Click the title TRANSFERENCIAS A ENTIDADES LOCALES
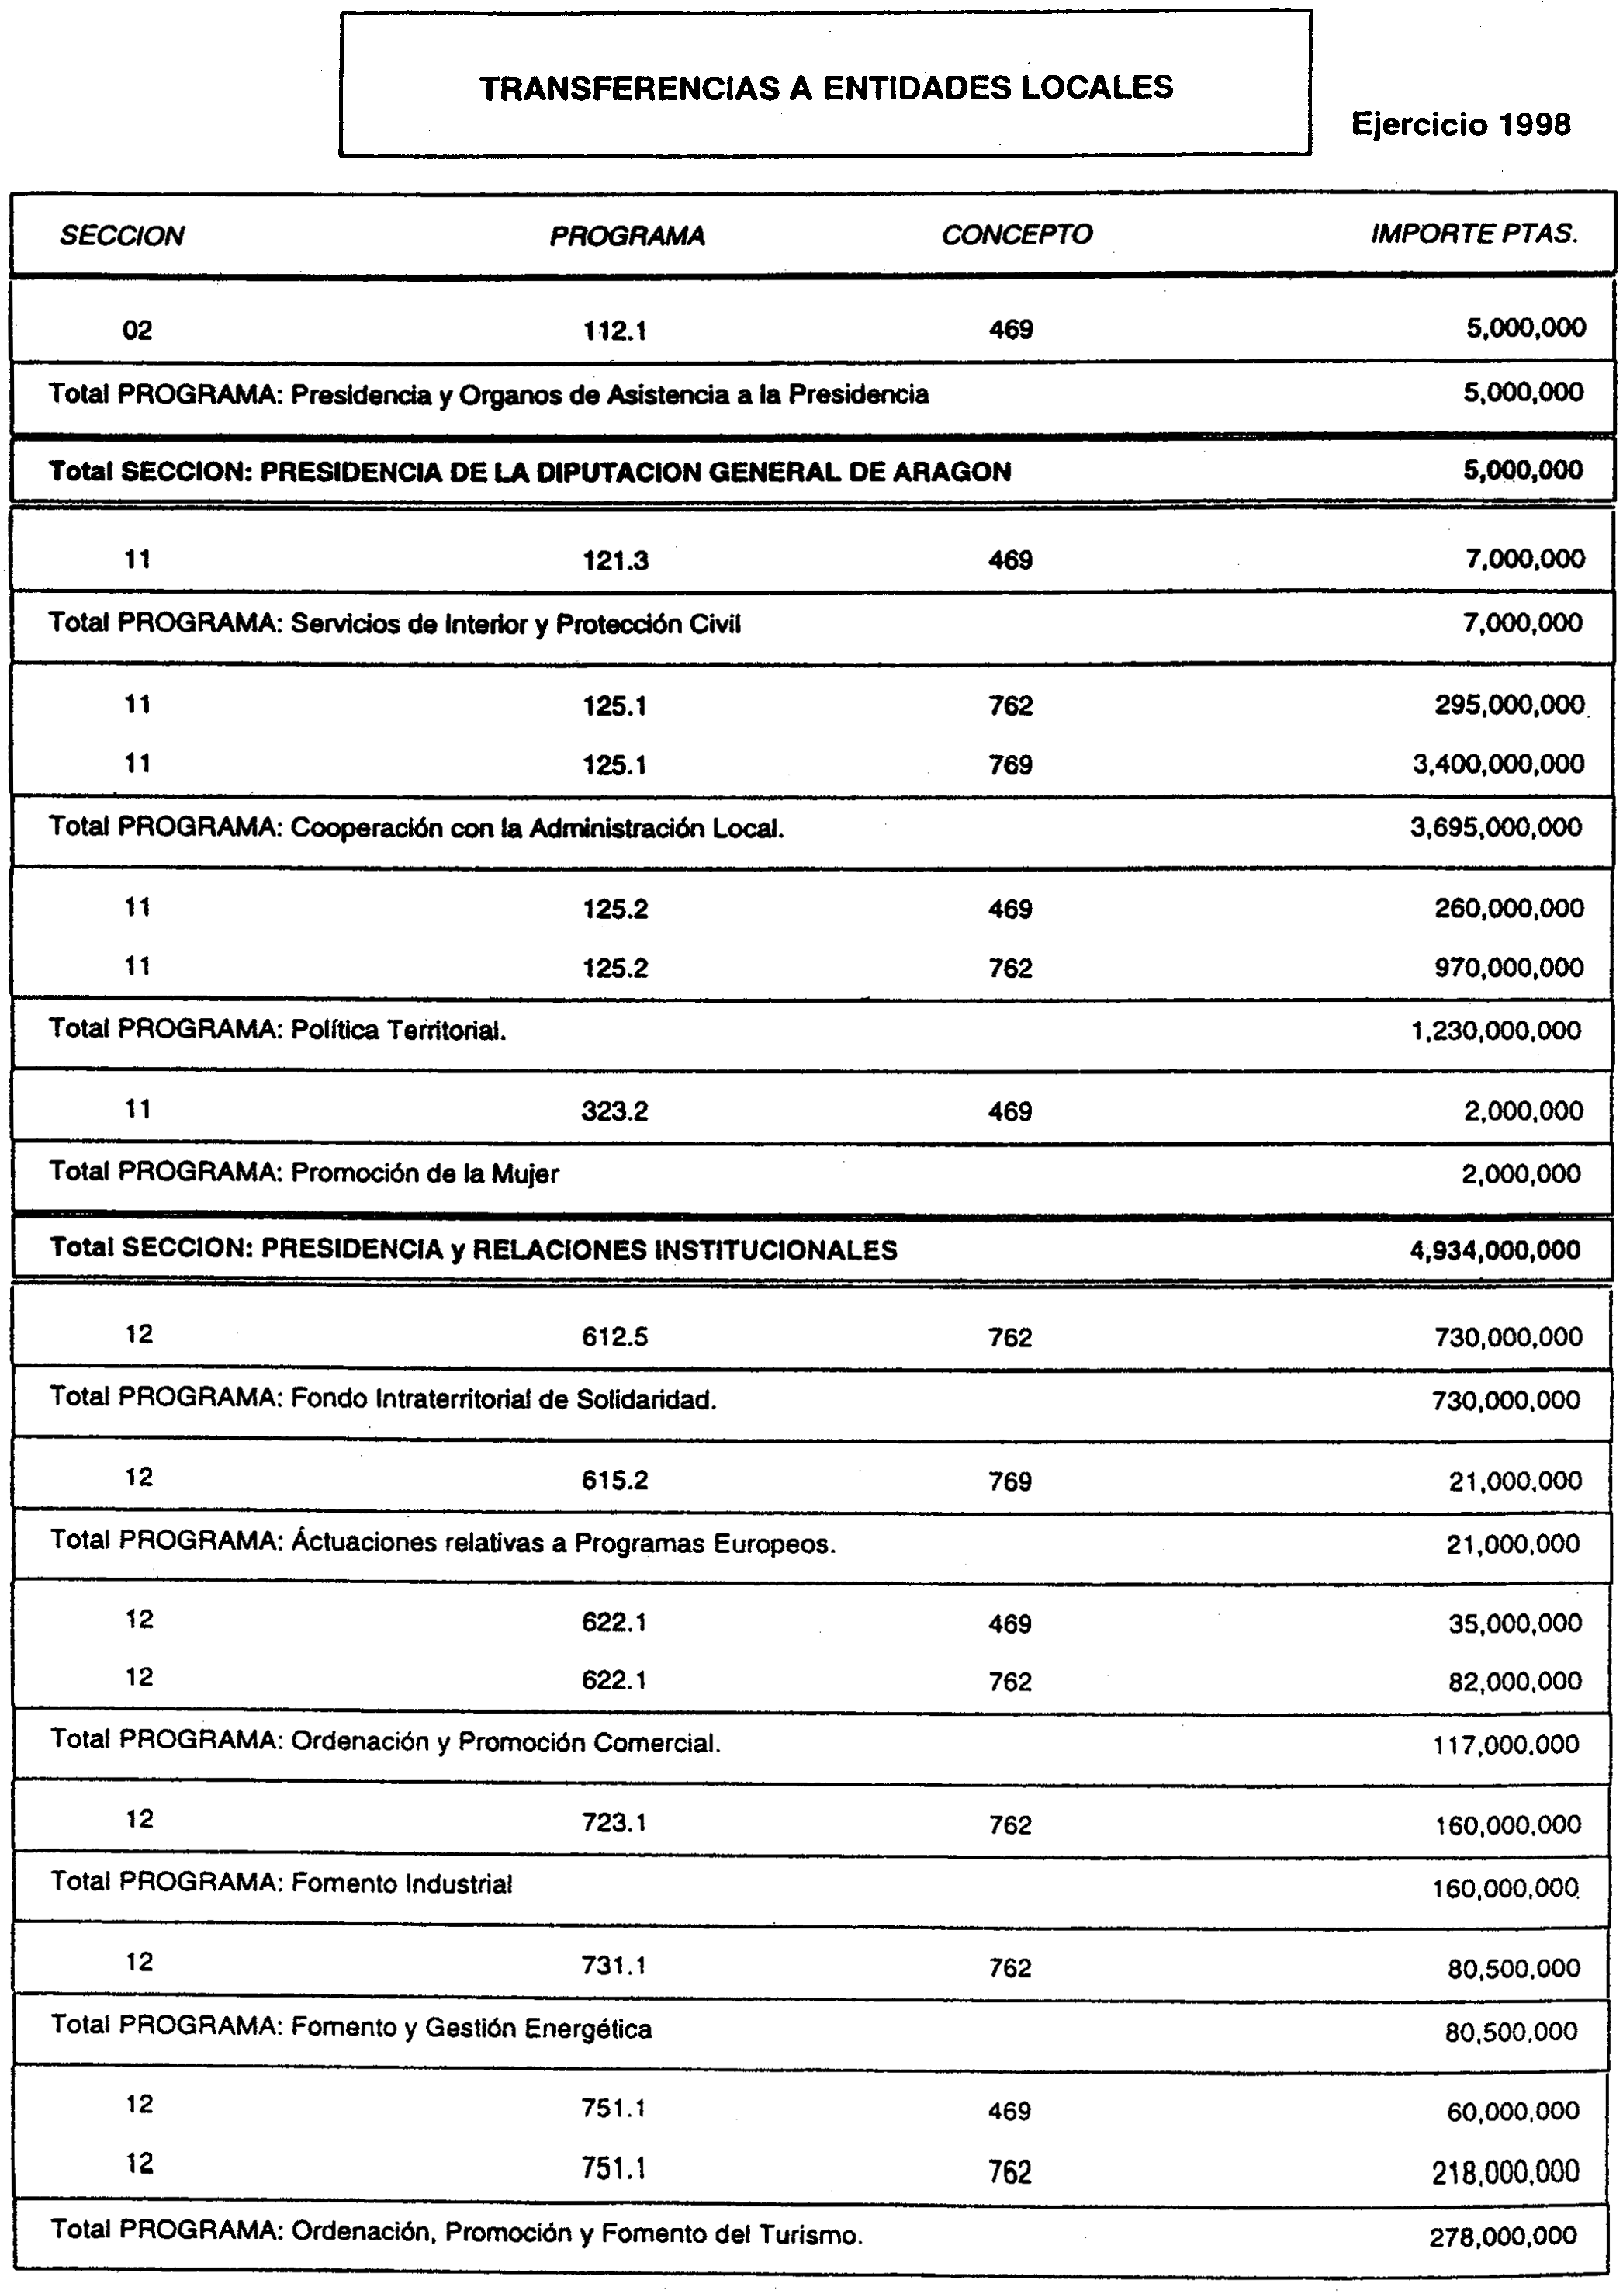[x=825, y=88]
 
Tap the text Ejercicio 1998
[x=1460, y=124]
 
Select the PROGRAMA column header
[x=627, y=236]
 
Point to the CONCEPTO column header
[x=1016, y=235]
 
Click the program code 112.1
[x=614, y=330]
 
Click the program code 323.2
[x=614, y=1111]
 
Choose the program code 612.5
[x=614, y=1337]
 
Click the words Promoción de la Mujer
[x=424, y=1173]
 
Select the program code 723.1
[x=614, y=1823]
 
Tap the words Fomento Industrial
[x=402, y=1884]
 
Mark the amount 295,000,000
[x=1509, y=705]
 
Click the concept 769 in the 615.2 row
[x=1009, y=1481]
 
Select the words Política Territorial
[x=399, y=1031]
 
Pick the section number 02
[x=137, y=330]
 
